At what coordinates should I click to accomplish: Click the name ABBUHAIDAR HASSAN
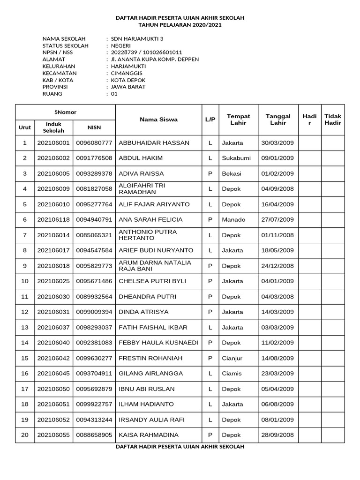tap(154, 142)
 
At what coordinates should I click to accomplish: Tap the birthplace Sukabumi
tap(236, 158)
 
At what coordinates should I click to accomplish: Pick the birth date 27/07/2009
tap(277, 219)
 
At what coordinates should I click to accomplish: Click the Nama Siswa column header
tap(158, 120)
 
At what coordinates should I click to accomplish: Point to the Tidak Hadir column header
tap(333, 120)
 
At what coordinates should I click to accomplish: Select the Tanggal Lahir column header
tap(277, 120)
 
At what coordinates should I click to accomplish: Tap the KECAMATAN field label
tap(60, 73)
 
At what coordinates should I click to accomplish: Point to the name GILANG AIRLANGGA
tap(151, 374)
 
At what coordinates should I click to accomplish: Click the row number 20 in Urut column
tap(25, 435)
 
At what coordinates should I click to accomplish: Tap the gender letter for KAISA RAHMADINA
tap(210, 435)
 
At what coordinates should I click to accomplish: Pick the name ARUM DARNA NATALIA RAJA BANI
tap(155, 266)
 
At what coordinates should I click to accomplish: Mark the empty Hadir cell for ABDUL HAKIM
tap(309, 158)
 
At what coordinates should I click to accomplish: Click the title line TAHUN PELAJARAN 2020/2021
tap(180, 24)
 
